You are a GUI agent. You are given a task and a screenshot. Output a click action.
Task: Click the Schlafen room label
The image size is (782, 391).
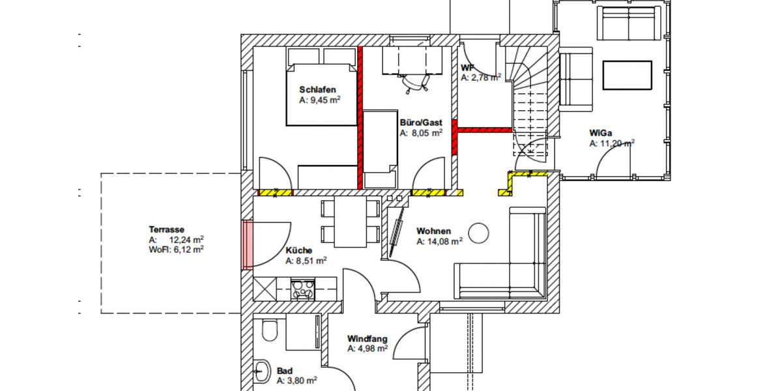click(x=317, y=89)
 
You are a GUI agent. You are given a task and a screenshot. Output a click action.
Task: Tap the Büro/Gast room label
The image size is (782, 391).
click(x=421, y=122)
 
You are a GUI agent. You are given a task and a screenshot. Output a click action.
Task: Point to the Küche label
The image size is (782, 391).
click(x=298, y=250)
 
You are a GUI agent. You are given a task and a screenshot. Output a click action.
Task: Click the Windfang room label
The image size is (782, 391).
click(x=368, y=339)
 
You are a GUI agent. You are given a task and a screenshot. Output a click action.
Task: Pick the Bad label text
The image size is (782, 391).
click(x=284, y=369)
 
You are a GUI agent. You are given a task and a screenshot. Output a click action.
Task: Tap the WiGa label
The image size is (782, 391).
click(x=600, y=134)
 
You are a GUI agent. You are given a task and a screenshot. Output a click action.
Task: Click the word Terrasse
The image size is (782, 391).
click(x=166, y=229)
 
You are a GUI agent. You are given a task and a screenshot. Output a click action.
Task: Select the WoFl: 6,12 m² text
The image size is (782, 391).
click(x=176, y=248)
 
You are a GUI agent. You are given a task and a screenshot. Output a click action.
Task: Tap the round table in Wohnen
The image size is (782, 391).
click(x=479, y=232)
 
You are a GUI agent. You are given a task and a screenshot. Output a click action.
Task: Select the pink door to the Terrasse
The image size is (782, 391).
click(x=248, y=244)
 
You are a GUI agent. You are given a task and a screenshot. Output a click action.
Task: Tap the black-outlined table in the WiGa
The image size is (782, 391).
click(x=627, y=75)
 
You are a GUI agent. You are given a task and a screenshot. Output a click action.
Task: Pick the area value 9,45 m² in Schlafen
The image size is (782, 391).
click(x=320, y=100)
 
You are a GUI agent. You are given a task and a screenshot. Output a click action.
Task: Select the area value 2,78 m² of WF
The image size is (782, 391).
click(x=481, y=78)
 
